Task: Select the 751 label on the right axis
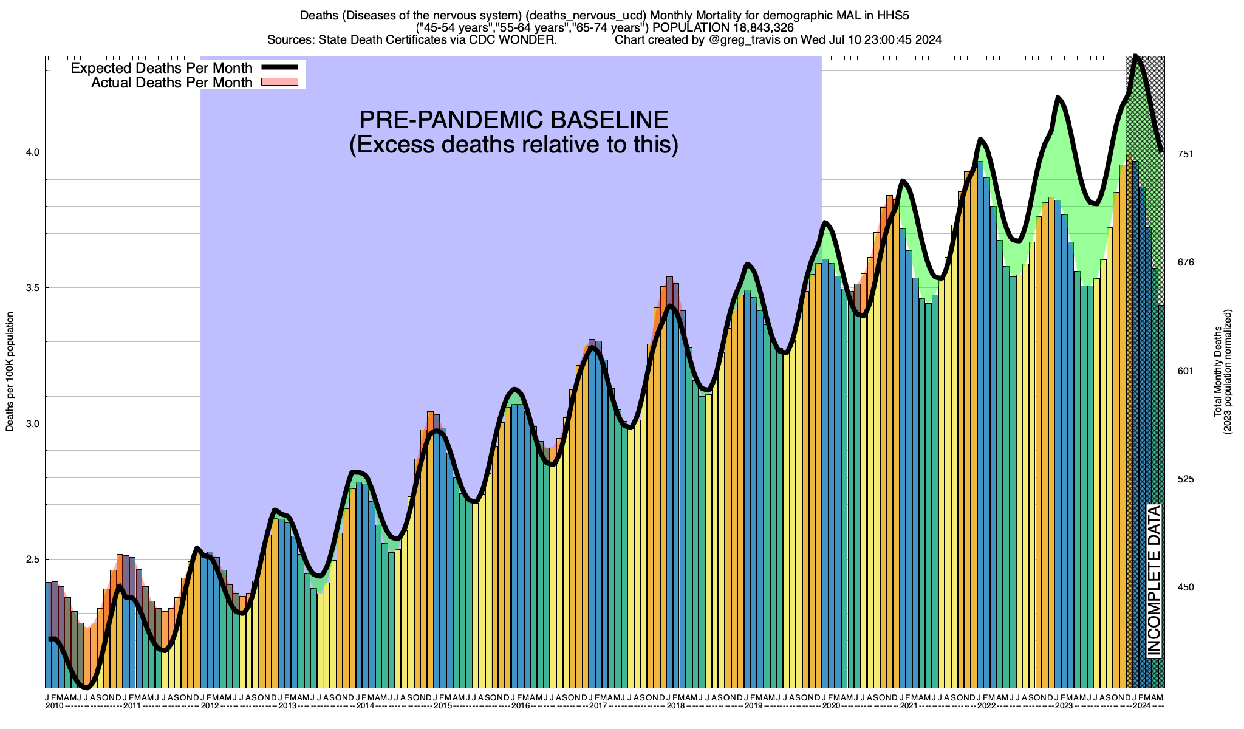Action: [x=1186, y=154]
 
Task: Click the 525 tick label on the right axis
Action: [x=1186, y=479]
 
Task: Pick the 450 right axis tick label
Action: [x=1186, y=587]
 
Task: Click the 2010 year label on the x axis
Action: [x=55, y=706]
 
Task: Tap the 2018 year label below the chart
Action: [x=676, y=706]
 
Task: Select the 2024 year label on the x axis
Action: [x=1141, y=706]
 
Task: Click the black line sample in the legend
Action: [x=279, y=68]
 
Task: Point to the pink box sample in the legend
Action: [x=279, y=82]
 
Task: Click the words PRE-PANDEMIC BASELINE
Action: [x=514, y=120]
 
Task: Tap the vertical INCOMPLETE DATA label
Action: [x=1154, y=581]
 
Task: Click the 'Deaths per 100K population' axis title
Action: [x=10, y=372]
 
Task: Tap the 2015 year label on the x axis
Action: [x=443, y=706]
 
